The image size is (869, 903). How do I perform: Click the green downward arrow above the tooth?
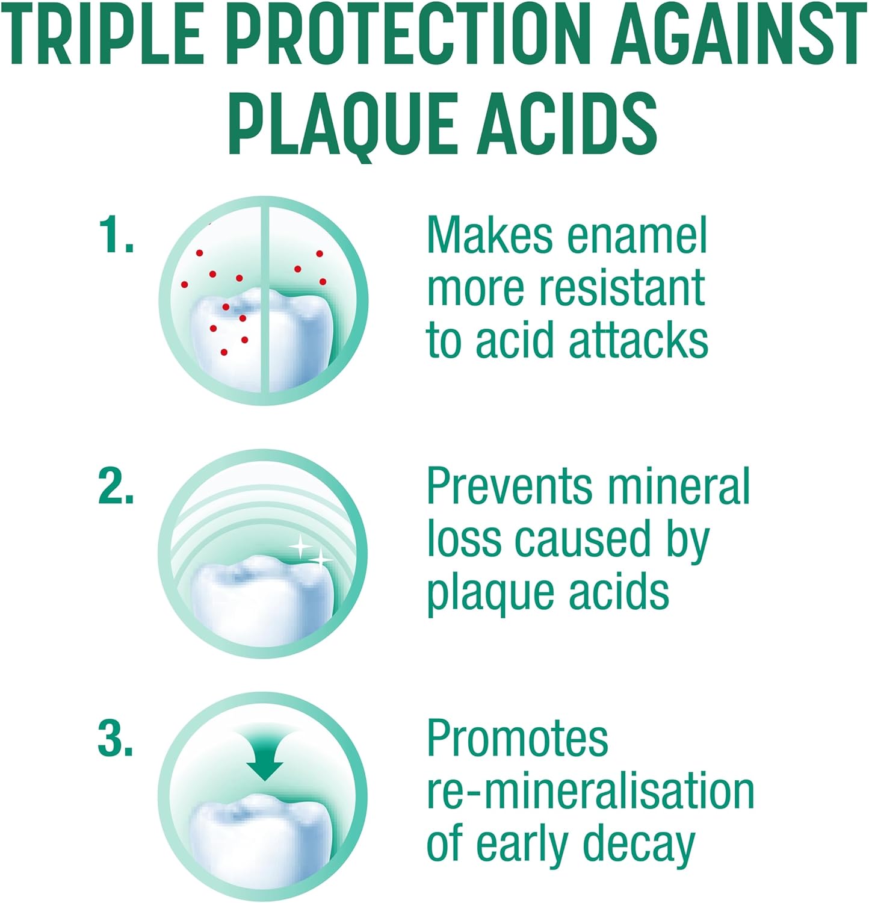[265, 756]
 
